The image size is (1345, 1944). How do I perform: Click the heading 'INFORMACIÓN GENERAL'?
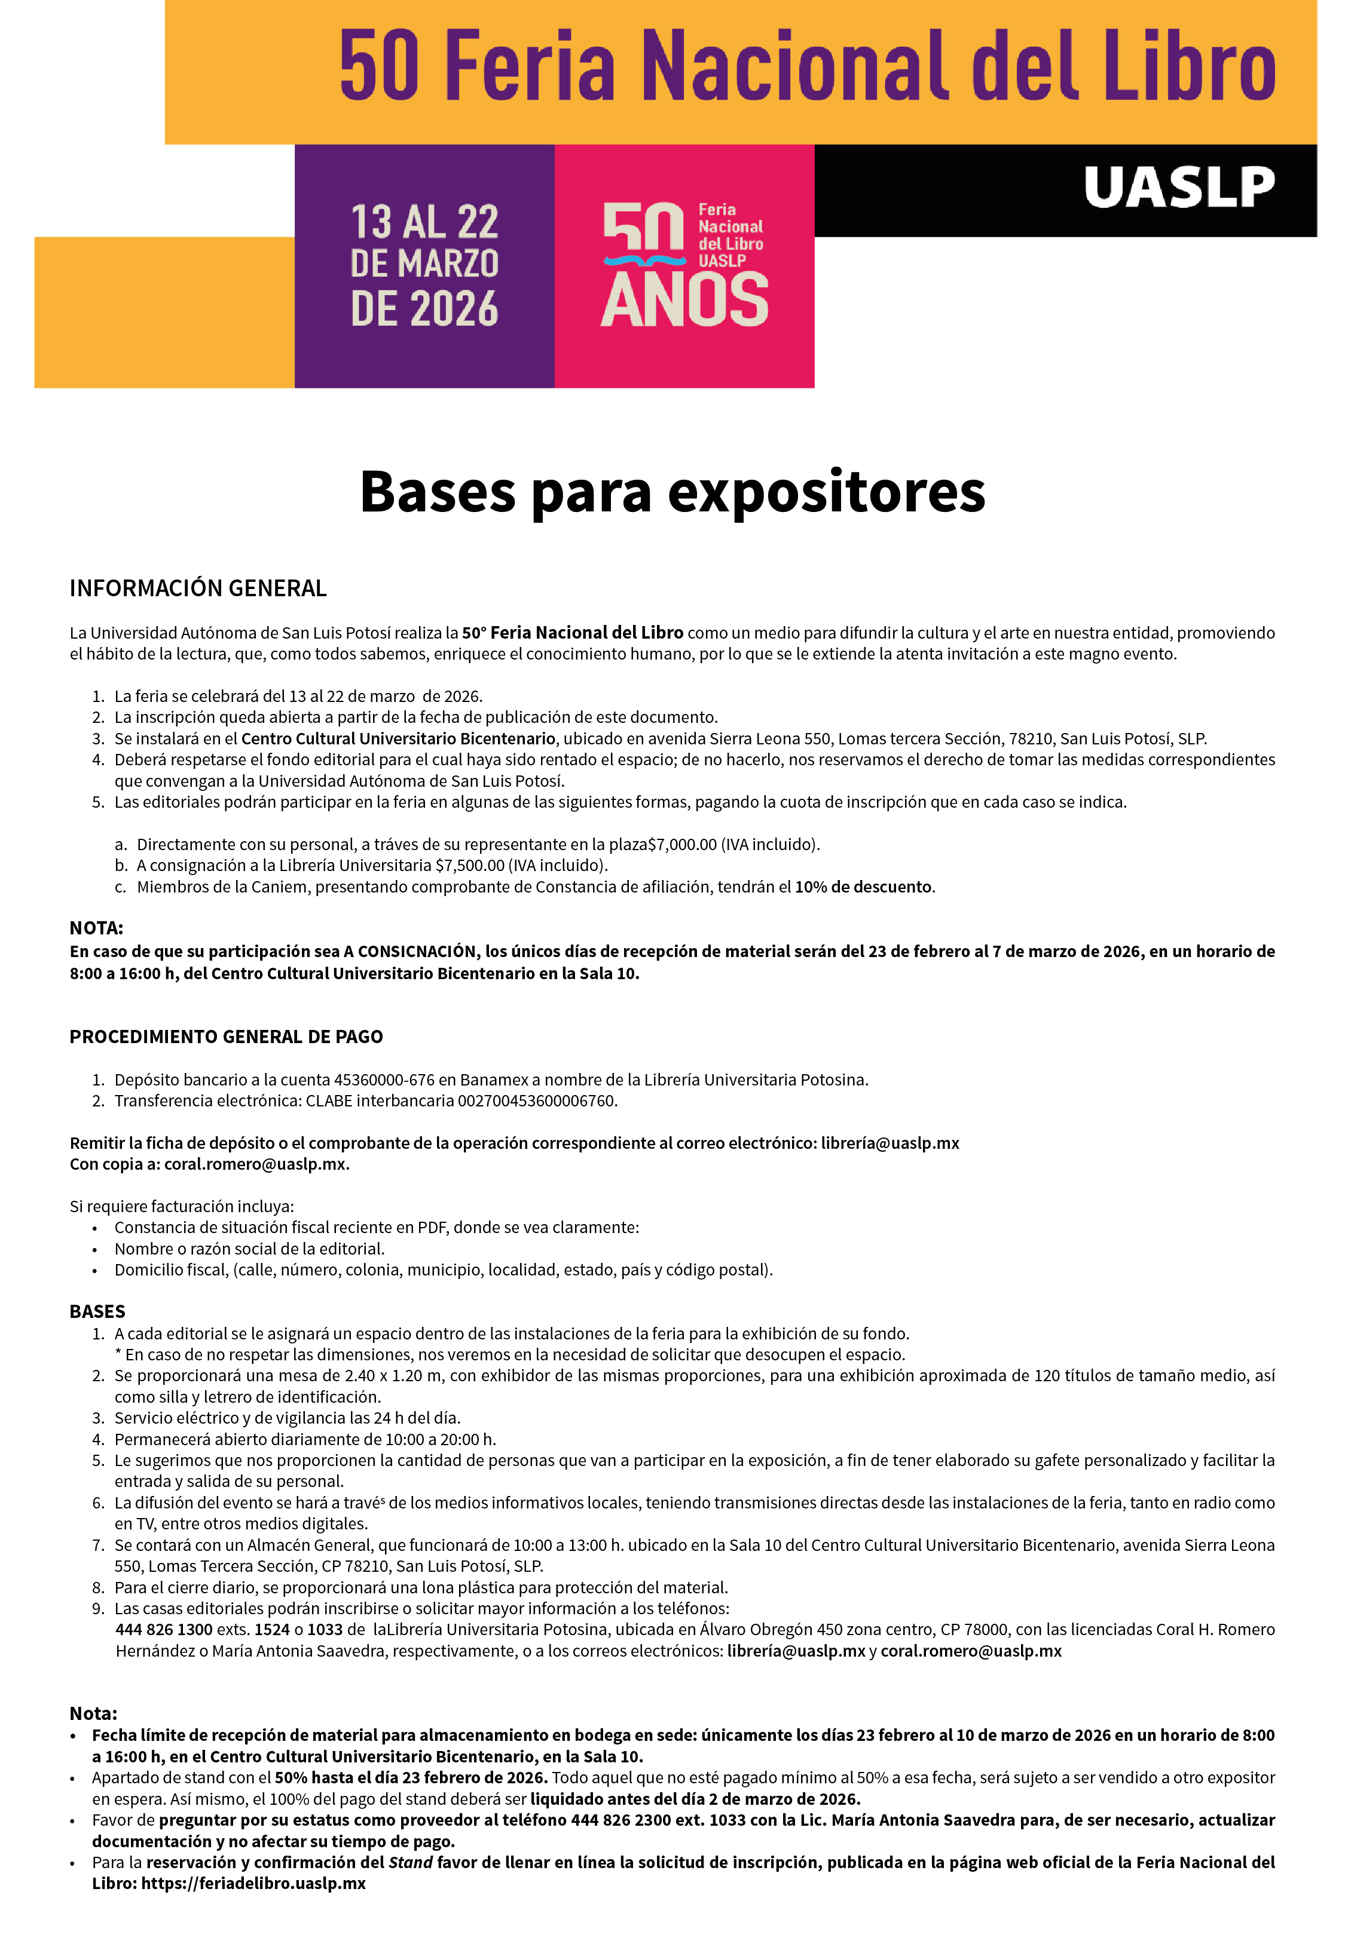(x=198, y=588)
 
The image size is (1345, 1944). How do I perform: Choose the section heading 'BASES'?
(x=97, y=1311)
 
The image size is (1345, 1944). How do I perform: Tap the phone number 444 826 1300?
(x=163, y=1629)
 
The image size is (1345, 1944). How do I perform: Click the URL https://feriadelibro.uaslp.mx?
(x=253, y=1882)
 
